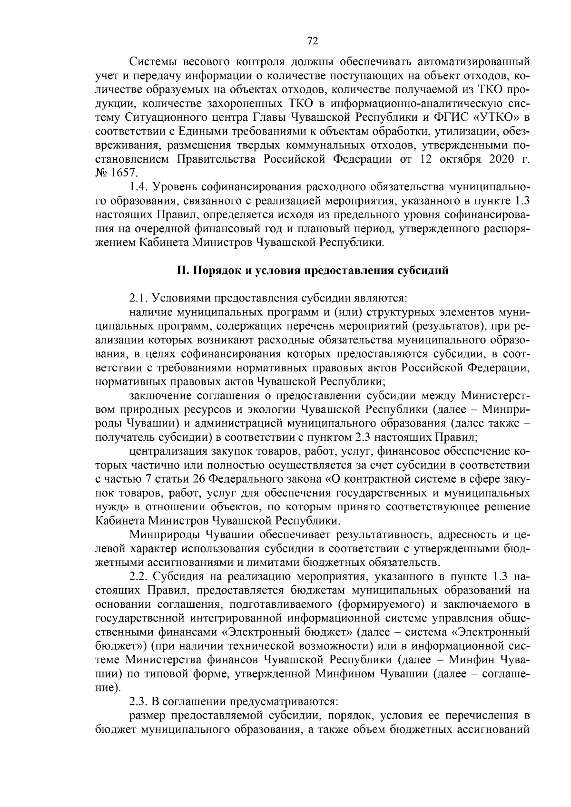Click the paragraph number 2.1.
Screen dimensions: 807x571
(138, 299)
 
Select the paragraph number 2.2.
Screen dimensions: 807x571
(138, 577)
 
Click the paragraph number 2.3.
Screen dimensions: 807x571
(138, 702)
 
